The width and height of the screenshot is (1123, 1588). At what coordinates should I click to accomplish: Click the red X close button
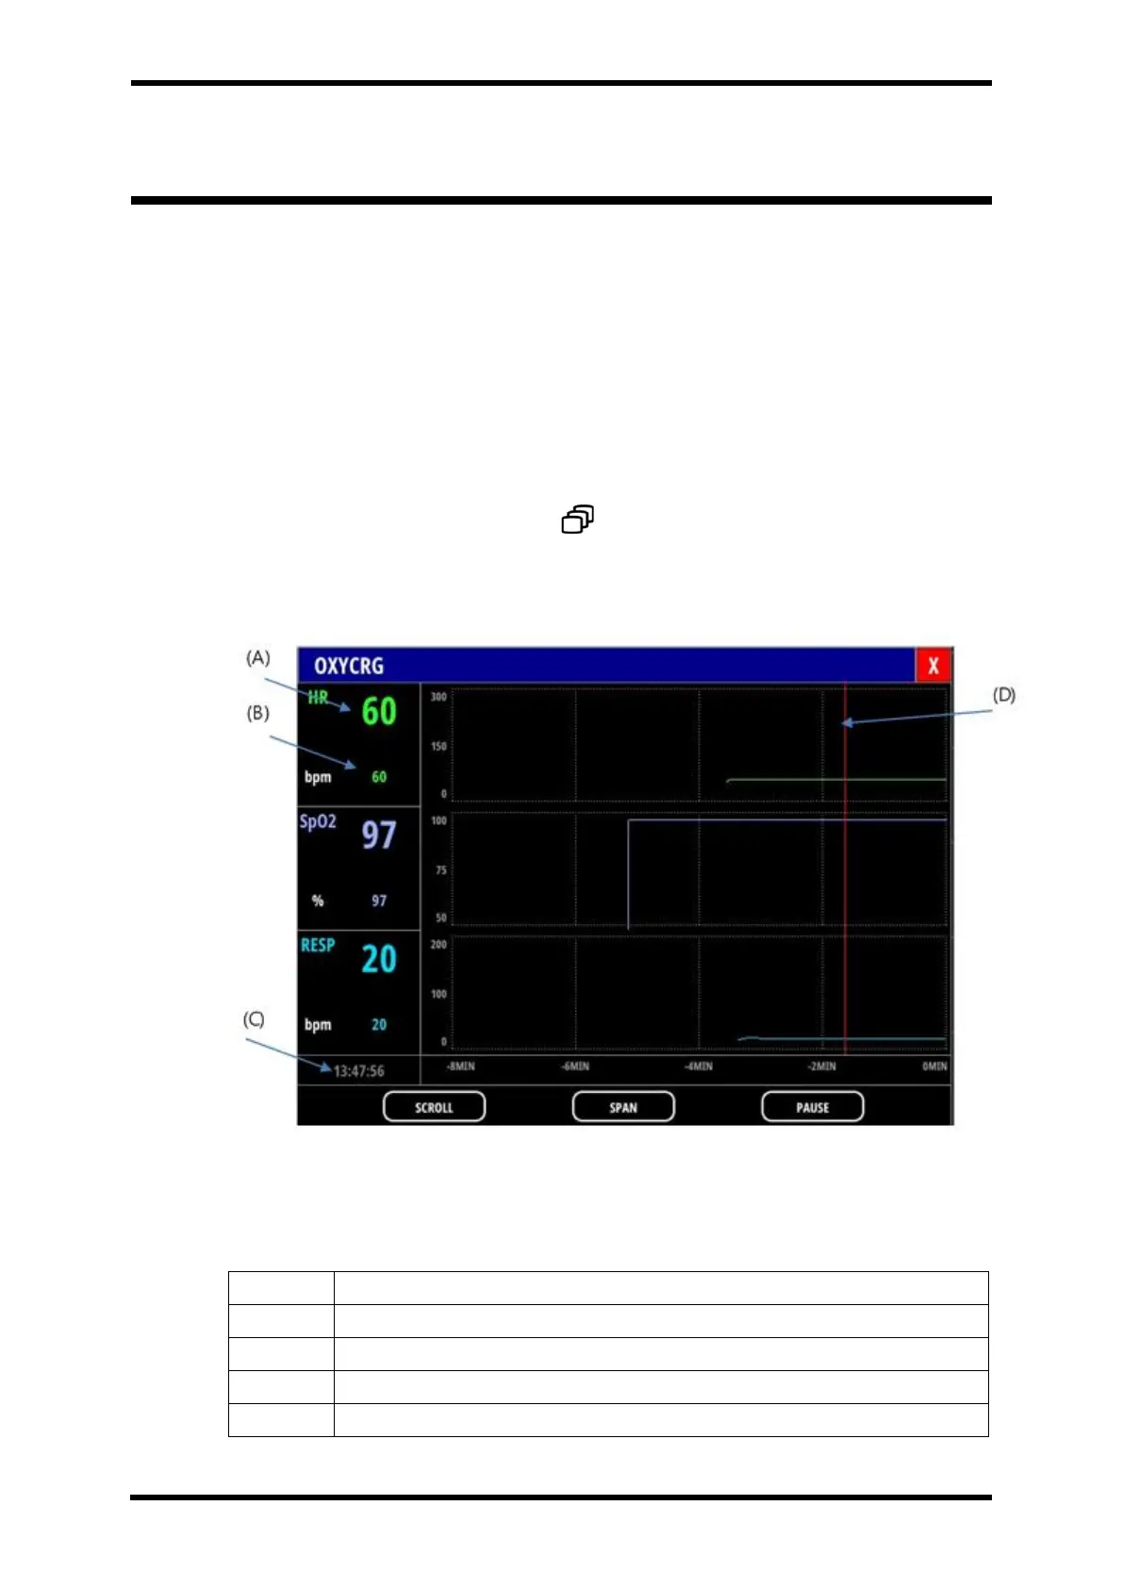click(933, 665)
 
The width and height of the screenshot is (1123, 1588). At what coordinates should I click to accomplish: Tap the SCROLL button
click(434, 1107)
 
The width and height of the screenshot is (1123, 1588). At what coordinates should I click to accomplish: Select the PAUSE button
click(812, 1107)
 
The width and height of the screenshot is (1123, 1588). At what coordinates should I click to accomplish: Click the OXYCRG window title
click(349, 666)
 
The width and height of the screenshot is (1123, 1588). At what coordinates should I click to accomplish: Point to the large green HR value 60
click(379, 711)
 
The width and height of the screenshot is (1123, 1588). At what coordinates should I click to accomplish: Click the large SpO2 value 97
click(379, 835)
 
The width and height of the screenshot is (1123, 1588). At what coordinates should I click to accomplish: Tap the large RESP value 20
click(379, 959)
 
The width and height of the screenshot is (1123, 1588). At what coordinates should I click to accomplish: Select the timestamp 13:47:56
click(358, 1071)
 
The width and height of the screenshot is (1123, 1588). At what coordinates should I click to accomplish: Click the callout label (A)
click(258, 657)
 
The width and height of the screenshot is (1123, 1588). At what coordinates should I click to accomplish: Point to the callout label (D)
click(1004, 695)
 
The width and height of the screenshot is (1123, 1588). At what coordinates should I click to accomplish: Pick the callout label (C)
click(254, 1019)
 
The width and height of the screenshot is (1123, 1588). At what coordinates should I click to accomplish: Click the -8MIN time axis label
click(460, 1067)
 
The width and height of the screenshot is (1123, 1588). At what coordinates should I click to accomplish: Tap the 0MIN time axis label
click(934, 1067)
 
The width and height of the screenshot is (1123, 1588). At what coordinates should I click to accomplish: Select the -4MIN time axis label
click(699, 1067)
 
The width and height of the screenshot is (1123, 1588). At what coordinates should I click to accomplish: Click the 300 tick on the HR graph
click(438, 697)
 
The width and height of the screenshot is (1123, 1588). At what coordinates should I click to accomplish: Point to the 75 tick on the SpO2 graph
click(440, 870)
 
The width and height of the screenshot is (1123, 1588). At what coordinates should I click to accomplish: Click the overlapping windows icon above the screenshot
click(578, 520)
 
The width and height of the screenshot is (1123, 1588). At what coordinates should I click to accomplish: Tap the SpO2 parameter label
click(318, 821)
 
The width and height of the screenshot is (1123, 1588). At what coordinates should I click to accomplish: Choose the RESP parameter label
click(318, 945)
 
